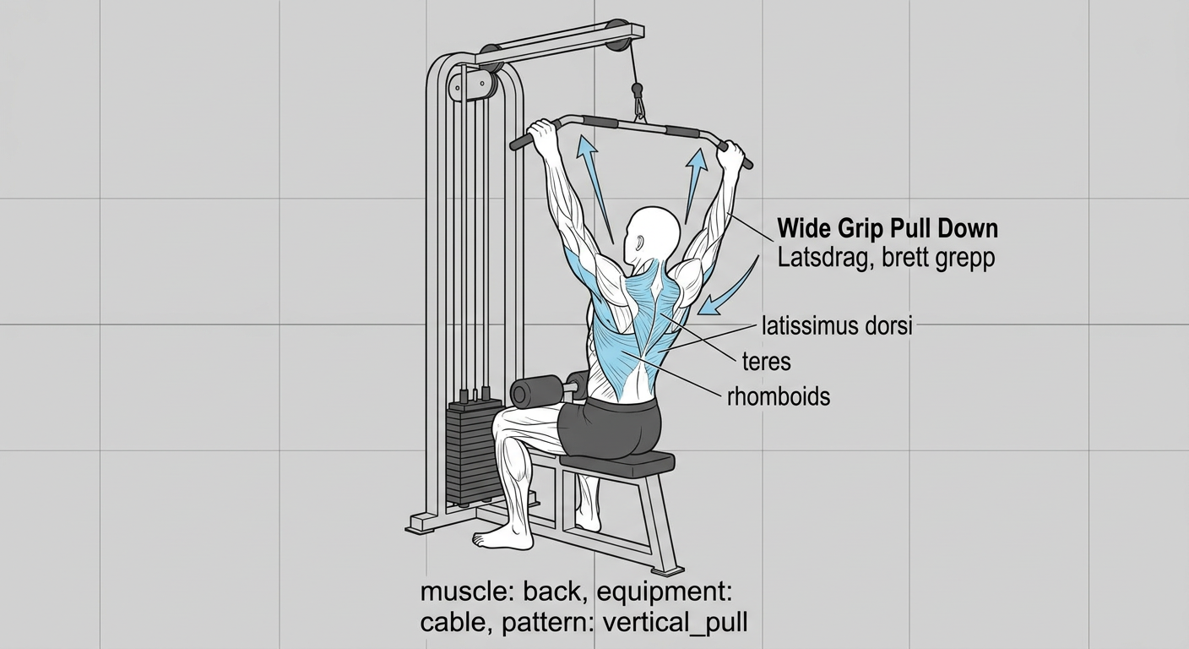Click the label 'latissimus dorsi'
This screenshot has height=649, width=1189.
[837, 326]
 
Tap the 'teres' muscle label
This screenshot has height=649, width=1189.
[767, 362]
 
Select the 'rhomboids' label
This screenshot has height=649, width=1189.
[779, 396]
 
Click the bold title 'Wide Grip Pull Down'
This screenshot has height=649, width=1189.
[888, 228]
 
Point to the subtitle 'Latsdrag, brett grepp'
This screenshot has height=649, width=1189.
[886, 259]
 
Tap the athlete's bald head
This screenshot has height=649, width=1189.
[653, 235]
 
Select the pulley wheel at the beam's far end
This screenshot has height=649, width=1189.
[617, 36]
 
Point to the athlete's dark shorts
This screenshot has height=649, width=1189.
[611, 428]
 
